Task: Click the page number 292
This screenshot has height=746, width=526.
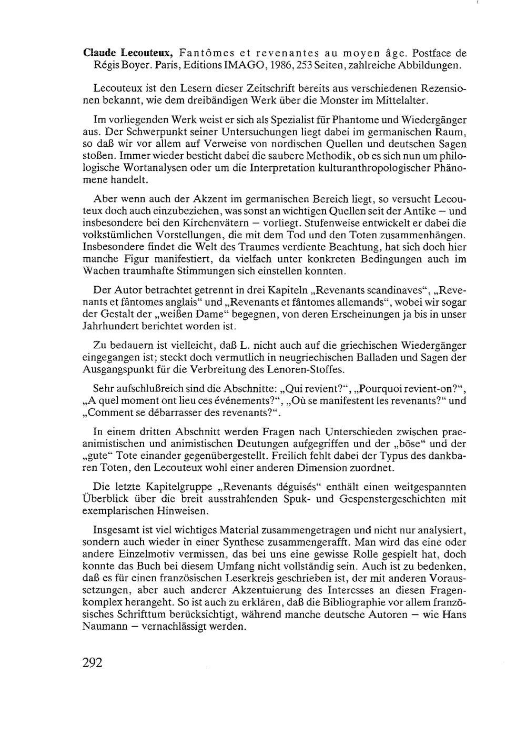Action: [92, 662]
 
